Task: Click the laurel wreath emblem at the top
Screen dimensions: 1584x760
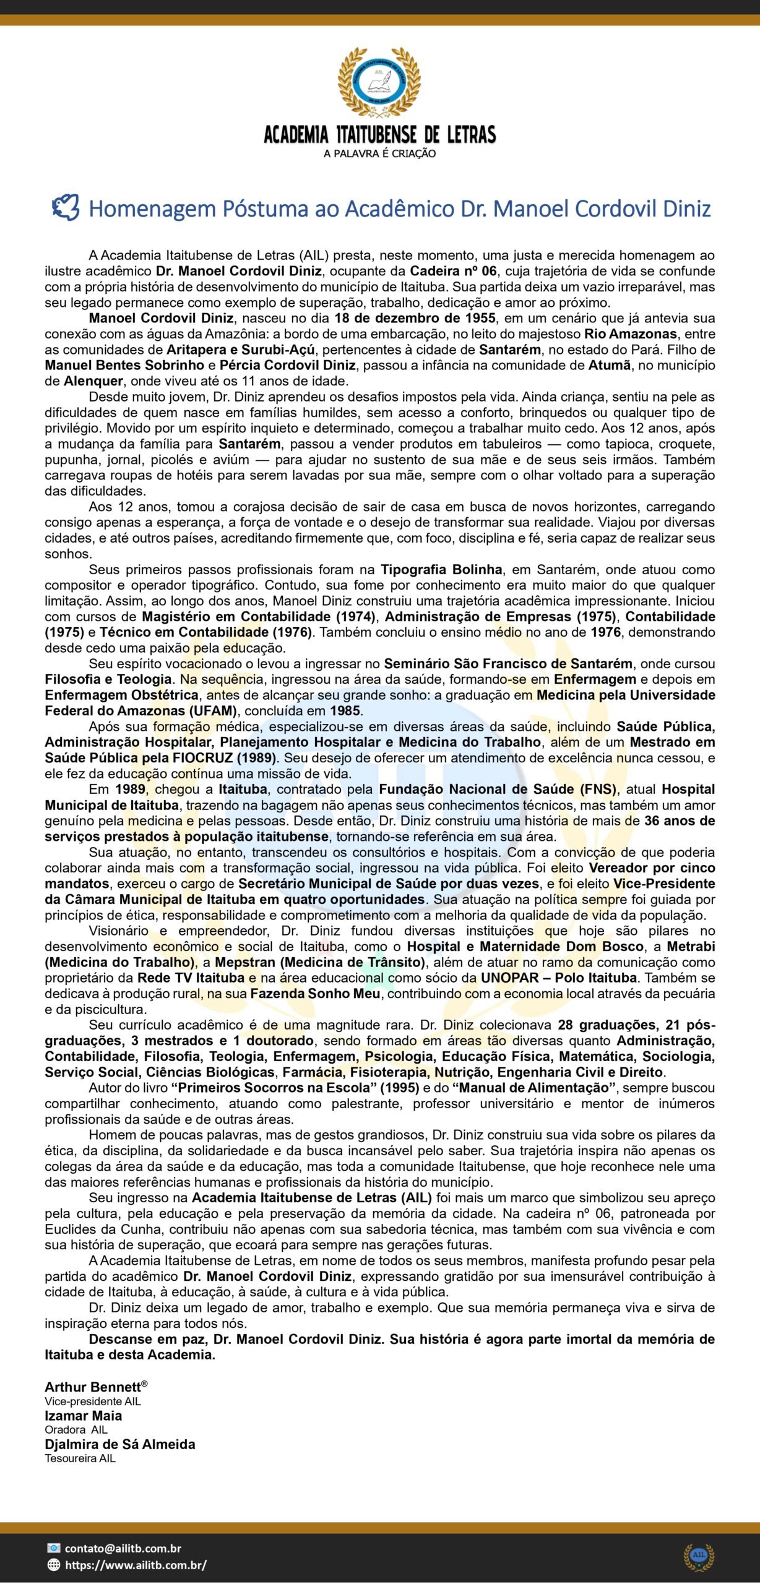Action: point(379,82)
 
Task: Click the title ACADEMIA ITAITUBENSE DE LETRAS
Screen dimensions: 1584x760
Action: point(379,134)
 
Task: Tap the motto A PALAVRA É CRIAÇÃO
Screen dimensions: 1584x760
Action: point(379,153)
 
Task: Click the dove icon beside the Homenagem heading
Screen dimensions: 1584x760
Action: point(66,208)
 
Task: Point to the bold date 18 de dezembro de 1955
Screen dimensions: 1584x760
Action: point(415,318)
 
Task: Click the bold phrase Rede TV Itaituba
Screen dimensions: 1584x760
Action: point(191,978)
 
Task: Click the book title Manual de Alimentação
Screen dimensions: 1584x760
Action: point(534,1087)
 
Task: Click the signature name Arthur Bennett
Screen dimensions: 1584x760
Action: point(93,1404)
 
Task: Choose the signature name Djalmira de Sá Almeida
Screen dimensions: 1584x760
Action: point(119,1444)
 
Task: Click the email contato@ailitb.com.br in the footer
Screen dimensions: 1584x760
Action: point(123,1548)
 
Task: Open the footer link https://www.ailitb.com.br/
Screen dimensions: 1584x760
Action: point(136,1565)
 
